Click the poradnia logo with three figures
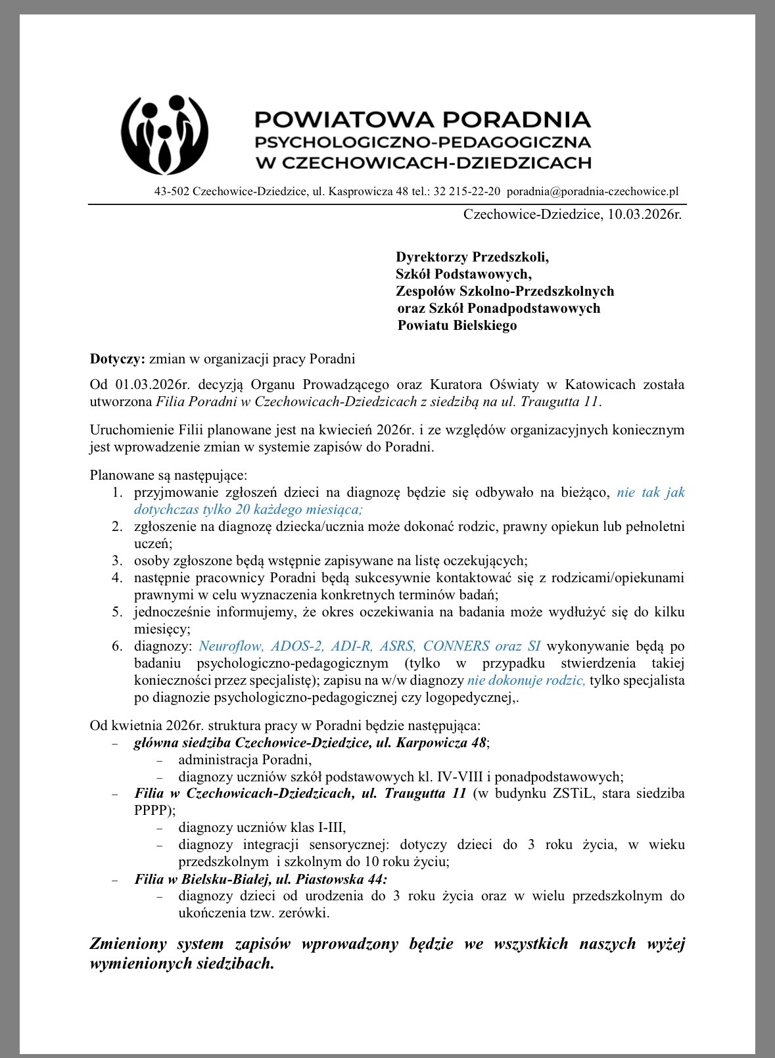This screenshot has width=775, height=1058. pos(165,135)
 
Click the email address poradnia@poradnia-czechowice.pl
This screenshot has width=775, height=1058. pos(592,191)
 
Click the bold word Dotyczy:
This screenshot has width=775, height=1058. pos(117,359)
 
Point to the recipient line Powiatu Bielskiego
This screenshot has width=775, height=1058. pos(457,325)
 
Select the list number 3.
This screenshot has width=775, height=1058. pos(116,561)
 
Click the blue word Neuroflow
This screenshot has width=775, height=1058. pos(231,646)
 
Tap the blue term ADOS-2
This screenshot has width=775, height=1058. pos(297,646)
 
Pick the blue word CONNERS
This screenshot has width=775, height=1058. pos(456,646)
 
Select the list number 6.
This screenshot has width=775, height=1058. pos(116,646)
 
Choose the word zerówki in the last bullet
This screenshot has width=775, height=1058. pos(306,913)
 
